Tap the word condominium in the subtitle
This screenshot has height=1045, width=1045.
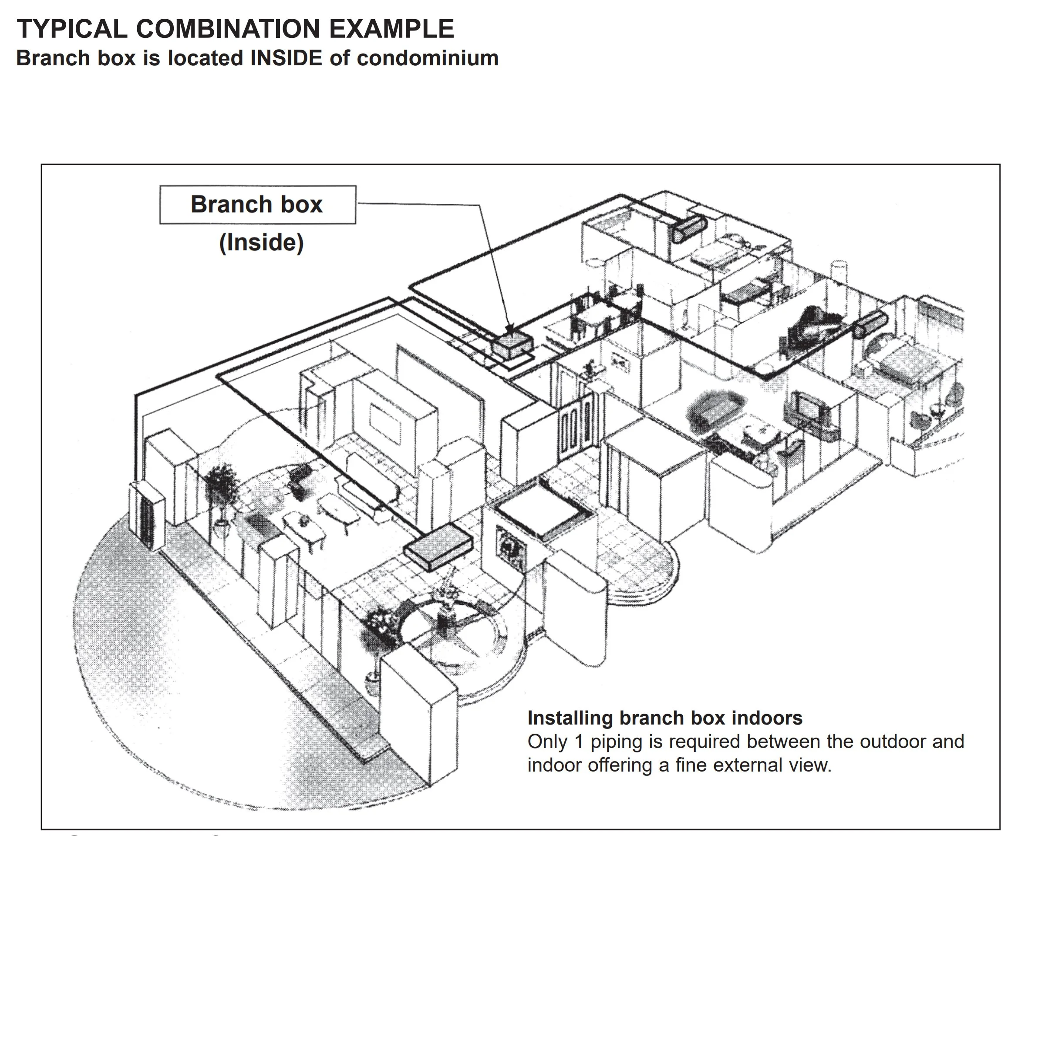pyautogui.click(x=427, y=58)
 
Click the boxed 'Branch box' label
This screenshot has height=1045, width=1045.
pyautogui.click(x=257, y=205)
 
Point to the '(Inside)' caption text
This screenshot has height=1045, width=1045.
pyautogui.click(x=261, y=243)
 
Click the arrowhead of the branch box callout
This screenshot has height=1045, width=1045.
pyautogui.click(x=509, y=330)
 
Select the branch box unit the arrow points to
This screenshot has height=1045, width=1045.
pyautogui.click(x=512, y=344)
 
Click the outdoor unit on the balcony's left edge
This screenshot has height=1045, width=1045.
pyautogui.click(x=146, y=516)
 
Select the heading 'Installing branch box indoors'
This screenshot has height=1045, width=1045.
pyautogui.click(x=665, y=718)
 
